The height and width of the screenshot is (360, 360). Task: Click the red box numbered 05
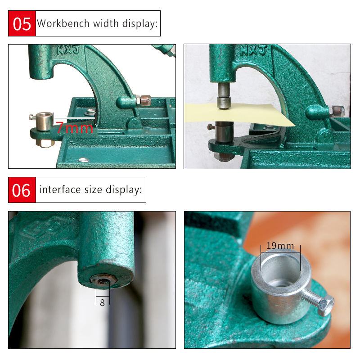[x=22, y=23]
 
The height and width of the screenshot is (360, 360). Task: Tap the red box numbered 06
[x=22, y=190]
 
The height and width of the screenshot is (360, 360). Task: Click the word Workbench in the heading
[x=63, y=23]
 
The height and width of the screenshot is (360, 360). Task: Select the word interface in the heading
[x=60, y=189]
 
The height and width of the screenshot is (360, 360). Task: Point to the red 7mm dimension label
[x=74, y=128]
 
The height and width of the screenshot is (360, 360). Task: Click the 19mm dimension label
[x=280, y=246]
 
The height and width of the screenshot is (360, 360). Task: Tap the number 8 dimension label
[x=103, y=302]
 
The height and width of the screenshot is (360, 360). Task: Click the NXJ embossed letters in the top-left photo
[x=68, y=50]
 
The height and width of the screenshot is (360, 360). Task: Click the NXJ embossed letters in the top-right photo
[x=253, y=50]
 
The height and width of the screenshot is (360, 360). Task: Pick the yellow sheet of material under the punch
[x=239, y=114]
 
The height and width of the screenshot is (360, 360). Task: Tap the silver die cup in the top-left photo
[x=45, y=121]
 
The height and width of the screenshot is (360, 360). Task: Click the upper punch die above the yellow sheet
[x=224, y=96]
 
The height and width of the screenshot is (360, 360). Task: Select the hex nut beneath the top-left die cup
[x=45, y=144]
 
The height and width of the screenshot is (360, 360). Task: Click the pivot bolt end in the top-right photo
[x=337, y=111]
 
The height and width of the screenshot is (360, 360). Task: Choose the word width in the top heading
[x=106, y=23]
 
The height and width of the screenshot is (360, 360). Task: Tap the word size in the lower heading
[x=93, y=190]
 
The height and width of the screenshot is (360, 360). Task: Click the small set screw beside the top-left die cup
[x=32, y=117]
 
